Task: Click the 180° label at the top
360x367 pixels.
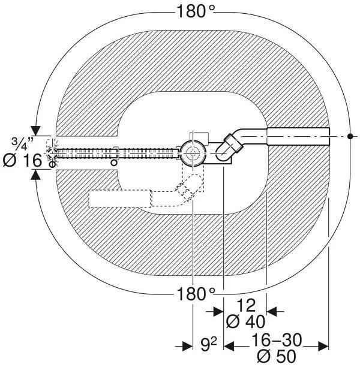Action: [x=196, y=12]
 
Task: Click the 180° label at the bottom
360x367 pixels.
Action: [x=196, y=294]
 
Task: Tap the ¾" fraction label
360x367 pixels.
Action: [x=22, y=143]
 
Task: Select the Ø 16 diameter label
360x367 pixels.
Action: [x=22, y=161]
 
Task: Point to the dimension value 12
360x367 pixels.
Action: [x=246, y=305]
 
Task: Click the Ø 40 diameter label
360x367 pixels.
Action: [x=245, y=321]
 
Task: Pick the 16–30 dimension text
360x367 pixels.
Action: [x=277, y=340]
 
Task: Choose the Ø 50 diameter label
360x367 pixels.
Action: [x=277, y=356]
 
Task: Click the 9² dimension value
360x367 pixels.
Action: [x=209, y=345]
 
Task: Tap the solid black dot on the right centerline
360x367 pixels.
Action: [x=350, y=136]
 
